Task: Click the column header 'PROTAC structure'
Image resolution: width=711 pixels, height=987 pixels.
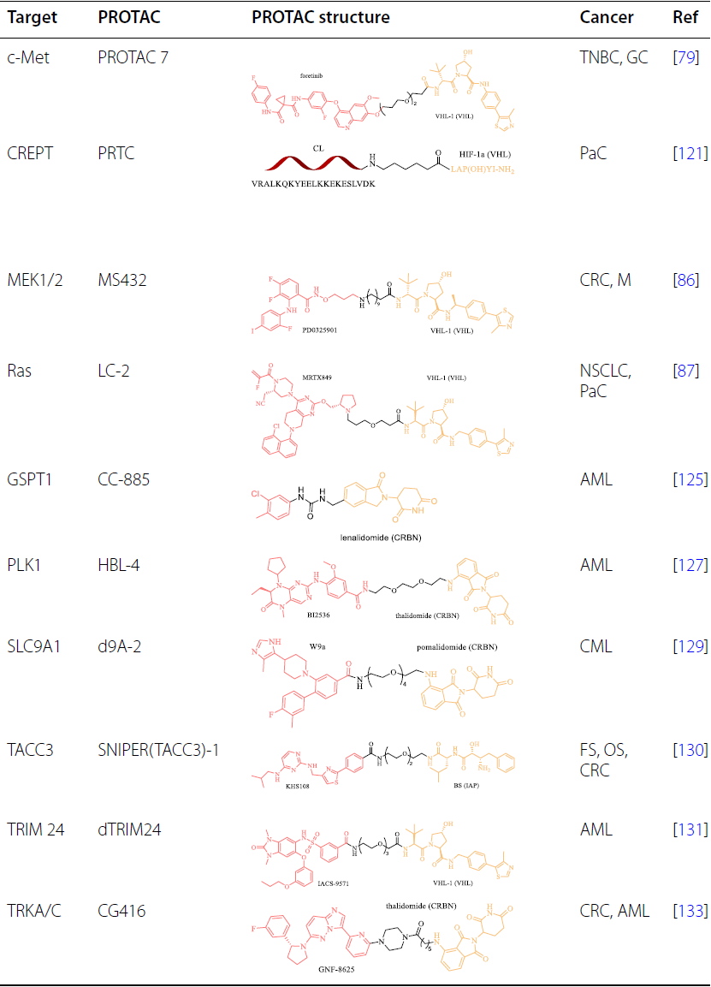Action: point(320,17)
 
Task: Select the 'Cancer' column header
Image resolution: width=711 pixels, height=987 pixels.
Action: point(607,17)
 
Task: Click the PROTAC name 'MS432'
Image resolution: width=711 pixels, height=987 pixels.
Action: point(121,280)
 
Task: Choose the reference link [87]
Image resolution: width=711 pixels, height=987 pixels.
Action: point(686,370)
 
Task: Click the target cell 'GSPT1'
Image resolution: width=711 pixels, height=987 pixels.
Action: point(30,479)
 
